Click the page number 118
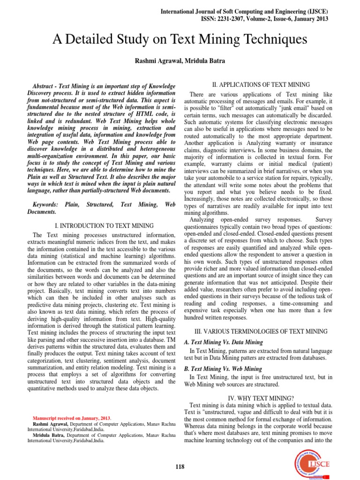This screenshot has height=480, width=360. [x=180, y=466]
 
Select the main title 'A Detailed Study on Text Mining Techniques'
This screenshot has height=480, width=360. [x=180, y=40]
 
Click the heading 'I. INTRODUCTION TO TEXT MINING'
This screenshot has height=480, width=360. [x=101, y=225]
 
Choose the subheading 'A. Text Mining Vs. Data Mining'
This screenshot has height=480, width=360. [x=226, y=342]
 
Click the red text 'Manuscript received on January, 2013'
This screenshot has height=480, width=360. [x=72, y=418]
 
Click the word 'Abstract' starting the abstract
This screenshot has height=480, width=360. [x=46, y=87]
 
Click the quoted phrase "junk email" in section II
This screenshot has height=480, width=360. [x=280, y=108]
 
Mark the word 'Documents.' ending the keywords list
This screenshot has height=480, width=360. [x=43, y=212]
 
